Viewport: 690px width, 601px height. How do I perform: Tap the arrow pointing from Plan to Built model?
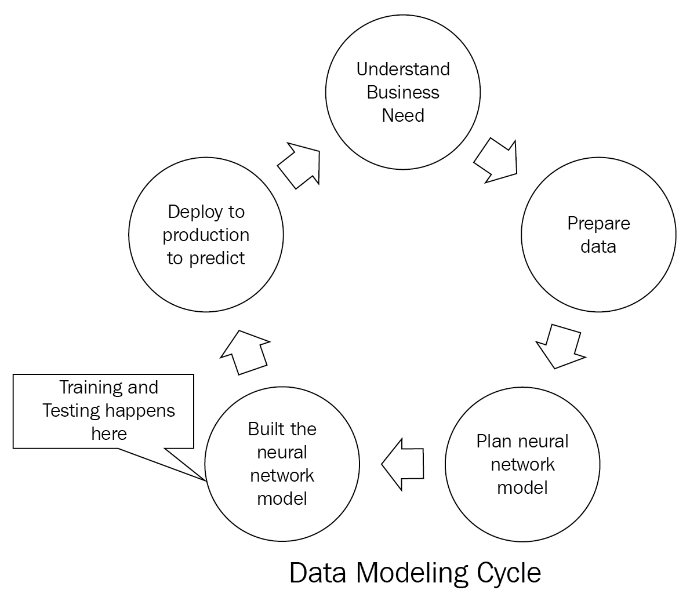(402, 464)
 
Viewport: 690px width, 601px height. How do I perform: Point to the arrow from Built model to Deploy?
(245, 353)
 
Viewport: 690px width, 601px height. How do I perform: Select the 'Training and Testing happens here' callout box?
(103, 411)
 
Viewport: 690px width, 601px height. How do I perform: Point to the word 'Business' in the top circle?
(403, 92)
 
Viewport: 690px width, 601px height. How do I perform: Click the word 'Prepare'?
(598, 224)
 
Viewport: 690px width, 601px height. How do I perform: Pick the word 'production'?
(206, 235)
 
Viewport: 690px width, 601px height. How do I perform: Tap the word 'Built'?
(264, 429)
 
